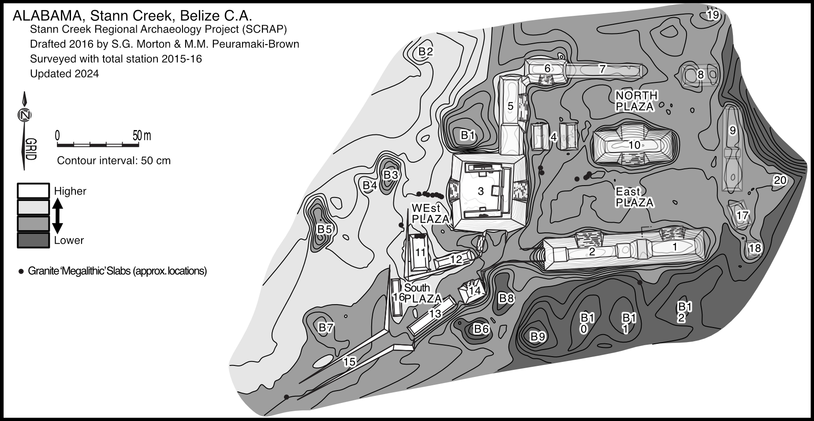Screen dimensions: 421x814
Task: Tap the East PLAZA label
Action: click(x=634, y=197)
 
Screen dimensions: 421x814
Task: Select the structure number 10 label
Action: click(x=634, y=145)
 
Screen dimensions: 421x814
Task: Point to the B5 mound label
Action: click(x=325, y=229)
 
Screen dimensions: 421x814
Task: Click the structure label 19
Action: click(x=713, y=15)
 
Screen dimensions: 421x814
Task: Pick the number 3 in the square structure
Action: click(x=481, y=191)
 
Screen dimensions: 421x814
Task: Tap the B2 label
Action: click(x=426, y=52)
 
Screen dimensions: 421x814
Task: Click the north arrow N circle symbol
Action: click(x=25, y=115)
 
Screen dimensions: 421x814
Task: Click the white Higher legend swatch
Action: click(x=33, y=191)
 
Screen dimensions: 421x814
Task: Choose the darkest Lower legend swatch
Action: click(x=33, y=240)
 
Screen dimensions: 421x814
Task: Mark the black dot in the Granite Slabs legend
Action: click(x=21, y=271)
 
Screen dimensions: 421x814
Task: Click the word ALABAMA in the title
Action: click(x=47, y=16)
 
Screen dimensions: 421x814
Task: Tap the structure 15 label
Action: click(x=349, y=362)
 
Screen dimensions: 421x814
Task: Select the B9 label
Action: click(x=538, y=337)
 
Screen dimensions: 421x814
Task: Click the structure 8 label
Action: click(x=700, y=75)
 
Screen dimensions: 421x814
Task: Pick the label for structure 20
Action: click(x=780, y=180)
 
